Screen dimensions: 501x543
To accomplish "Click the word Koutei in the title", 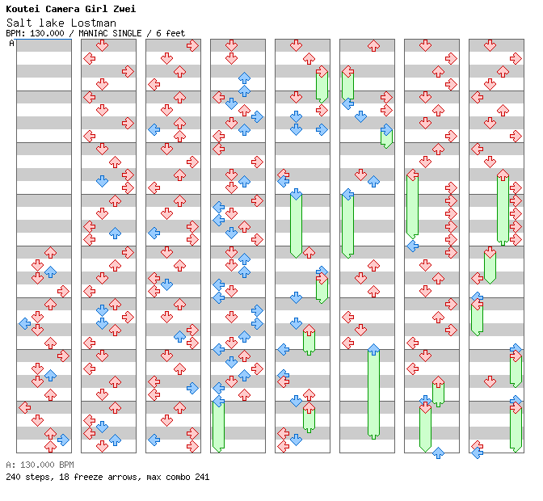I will tap(23, 9).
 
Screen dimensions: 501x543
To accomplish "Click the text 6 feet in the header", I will tap(170, 33).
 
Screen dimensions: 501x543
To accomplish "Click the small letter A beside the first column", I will tap(11, 44).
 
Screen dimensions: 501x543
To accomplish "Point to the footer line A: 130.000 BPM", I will tap(40, 465).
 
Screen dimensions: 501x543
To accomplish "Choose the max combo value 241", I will tap(201, 477).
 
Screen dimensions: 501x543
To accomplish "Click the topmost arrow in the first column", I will tap(50, 253).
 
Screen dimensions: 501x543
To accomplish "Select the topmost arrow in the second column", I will tap(102, 46).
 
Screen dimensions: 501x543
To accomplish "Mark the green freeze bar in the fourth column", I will tap(218, 426).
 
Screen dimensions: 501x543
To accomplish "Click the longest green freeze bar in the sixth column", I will tap(373, 394).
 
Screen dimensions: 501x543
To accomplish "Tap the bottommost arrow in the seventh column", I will tap(438, 453).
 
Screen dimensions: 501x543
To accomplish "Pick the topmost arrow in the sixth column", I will tap(373, 46).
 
